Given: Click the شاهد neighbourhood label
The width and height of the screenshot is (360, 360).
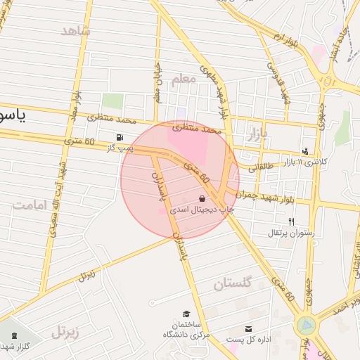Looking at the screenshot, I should pos(76,30).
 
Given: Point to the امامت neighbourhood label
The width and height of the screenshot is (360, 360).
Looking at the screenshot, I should pos(29,205).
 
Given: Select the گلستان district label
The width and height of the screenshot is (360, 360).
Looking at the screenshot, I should pos(233,283).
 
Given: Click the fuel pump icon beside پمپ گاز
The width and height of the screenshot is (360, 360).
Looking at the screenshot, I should pos(122,136).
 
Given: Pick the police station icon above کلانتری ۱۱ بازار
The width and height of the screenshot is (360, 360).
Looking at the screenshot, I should pos(305,150).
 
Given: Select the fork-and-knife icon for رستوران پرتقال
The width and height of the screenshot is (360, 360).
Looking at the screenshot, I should pos(291,221).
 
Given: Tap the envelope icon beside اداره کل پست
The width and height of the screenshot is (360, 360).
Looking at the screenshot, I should pos(248,328).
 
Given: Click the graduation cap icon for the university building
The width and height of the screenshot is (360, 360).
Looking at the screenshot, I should pos(186,314).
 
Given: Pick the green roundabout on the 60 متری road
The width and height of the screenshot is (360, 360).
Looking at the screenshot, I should pos(307,325).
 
